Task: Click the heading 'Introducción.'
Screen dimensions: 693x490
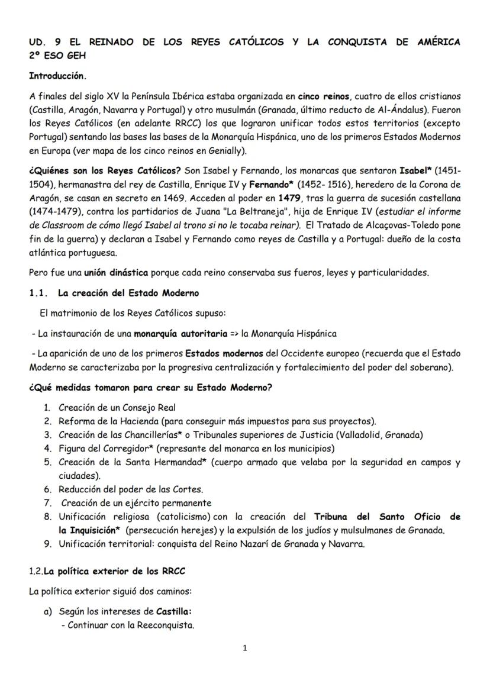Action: click(x=57, y=76)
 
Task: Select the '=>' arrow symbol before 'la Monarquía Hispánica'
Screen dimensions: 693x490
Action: click(x=234, y=333)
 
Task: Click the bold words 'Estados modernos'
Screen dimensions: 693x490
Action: click(x=224, y=353)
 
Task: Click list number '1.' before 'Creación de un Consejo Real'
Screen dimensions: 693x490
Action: click(x=47, y=408)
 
